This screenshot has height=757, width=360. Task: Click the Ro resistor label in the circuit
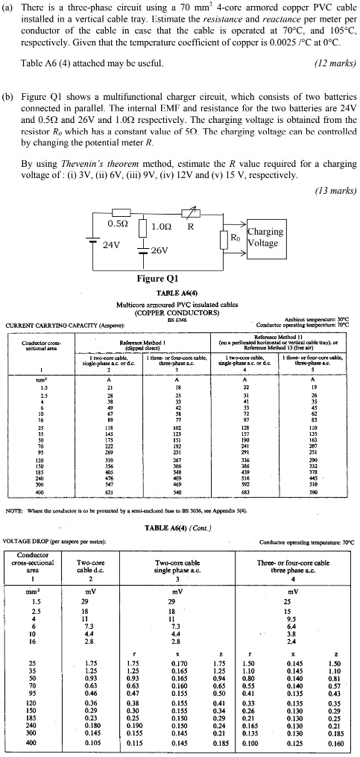(x=234, y=238)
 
